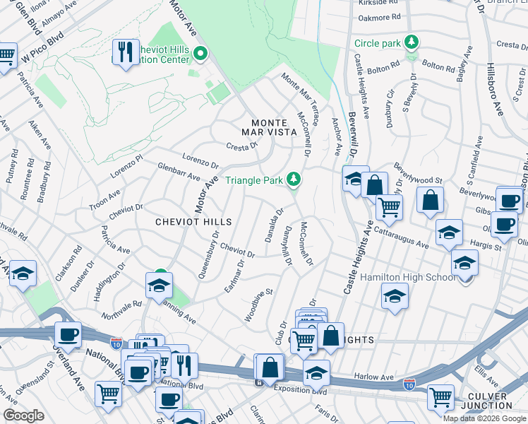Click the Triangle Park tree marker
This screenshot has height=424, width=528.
[x=294, y=179]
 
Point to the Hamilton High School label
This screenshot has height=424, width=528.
[x=408, y=277]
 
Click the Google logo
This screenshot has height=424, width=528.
[x=24, y=416]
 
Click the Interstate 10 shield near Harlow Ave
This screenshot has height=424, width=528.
[x=409, y=384]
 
